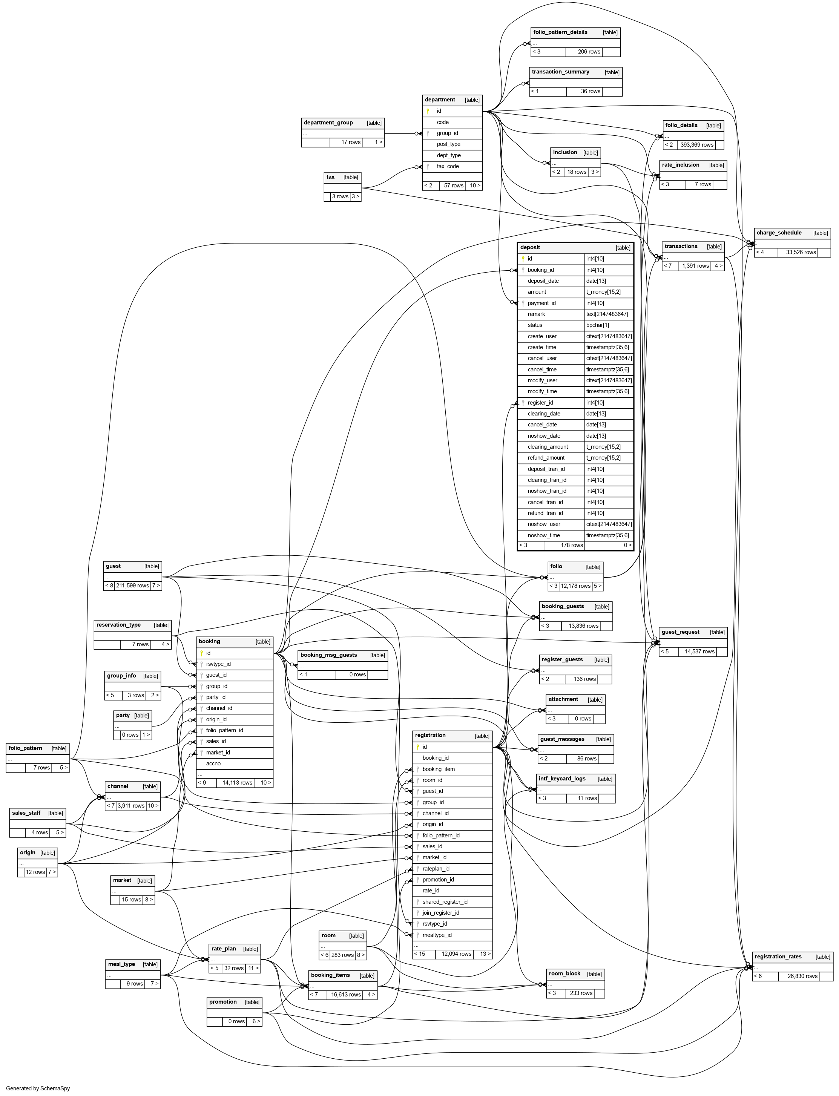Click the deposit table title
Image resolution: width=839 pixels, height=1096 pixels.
530,247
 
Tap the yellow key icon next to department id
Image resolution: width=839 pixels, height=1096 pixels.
428,111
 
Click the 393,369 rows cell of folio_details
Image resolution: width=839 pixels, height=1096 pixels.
697,145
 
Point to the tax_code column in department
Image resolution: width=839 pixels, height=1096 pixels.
448,166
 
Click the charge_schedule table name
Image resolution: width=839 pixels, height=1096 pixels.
779,233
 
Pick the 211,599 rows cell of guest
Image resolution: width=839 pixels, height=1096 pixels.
132,586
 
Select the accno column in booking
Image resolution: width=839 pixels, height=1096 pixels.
213,763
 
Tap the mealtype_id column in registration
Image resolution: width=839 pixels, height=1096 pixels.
437,935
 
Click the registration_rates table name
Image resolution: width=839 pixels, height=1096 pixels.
778,957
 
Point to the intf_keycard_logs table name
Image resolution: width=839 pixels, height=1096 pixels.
562,779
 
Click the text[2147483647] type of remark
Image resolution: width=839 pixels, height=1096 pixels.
607,314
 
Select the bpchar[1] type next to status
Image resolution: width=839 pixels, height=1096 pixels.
597,325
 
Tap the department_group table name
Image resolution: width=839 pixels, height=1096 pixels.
328,123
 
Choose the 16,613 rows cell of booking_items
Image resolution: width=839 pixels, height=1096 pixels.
345,995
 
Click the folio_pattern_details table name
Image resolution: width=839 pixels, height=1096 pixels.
560,32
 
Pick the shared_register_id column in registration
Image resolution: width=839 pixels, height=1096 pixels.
445,902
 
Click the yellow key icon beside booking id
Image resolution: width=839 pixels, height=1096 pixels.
201,653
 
